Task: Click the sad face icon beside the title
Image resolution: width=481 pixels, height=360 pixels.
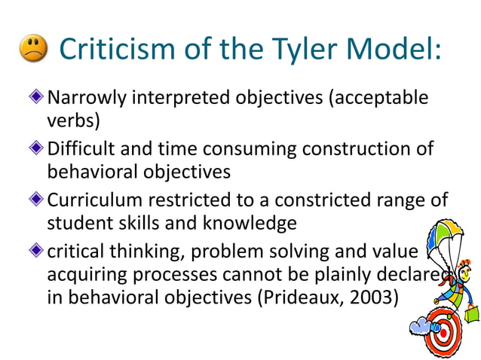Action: pyautogui.click(x=31, y=50)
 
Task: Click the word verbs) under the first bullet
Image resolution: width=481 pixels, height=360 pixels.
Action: pyautogui.click(x=73, y=121)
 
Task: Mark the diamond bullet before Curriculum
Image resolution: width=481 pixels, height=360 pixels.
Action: pyautogui.click(x=39, y=200)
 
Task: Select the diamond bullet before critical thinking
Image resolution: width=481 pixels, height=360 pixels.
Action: pyautogui.click(x=39, y=252)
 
